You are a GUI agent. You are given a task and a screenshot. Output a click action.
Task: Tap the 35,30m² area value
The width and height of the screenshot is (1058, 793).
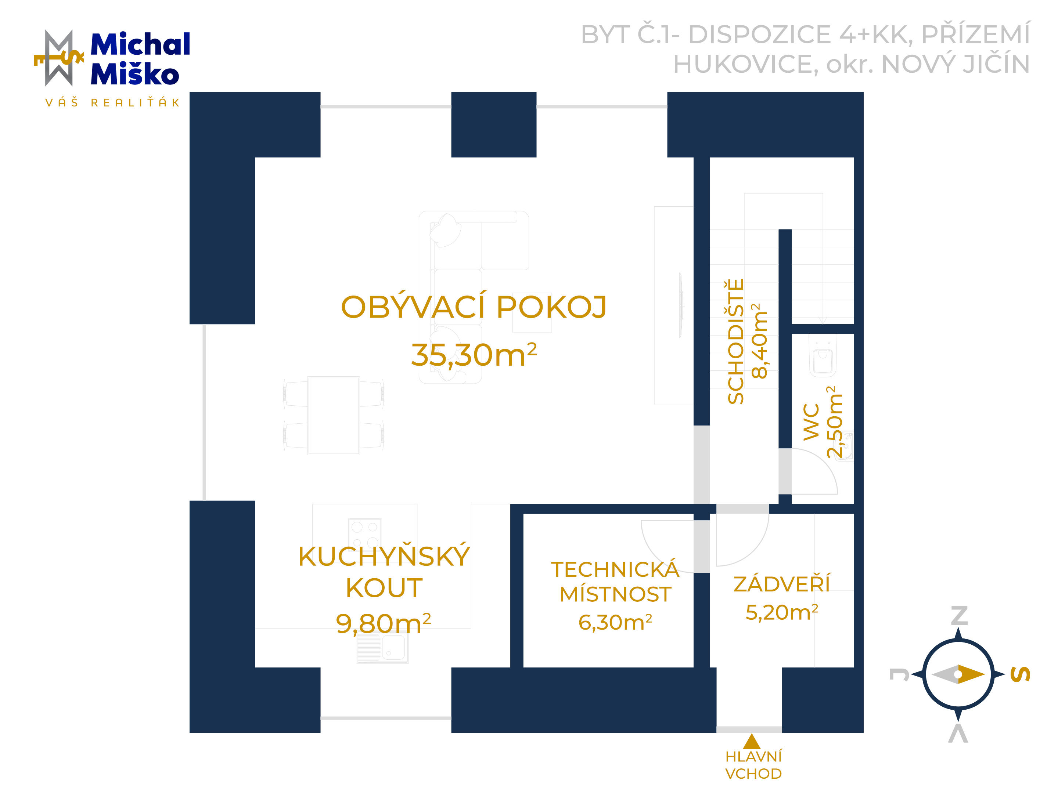tap(474, 355)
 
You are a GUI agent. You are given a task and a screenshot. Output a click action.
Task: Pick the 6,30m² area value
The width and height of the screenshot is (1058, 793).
tap(615, 622)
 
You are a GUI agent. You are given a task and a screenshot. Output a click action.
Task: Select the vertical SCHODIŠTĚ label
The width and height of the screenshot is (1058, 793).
tap(735, 341)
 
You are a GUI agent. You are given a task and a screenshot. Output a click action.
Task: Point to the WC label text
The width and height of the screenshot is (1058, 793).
tap(811, 421)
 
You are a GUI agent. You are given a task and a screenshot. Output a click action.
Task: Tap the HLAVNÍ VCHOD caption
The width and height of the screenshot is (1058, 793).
tap(753, 765)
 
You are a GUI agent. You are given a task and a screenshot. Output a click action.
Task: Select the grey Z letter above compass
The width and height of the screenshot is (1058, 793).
tap(959, 616)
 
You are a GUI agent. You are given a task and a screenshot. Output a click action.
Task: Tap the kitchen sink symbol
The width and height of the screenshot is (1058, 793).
tap(382, 648)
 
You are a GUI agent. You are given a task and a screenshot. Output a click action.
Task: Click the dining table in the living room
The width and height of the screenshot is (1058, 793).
tap(333, 415)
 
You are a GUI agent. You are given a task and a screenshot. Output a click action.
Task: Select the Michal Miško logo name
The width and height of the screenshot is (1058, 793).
tap(140, 59)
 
